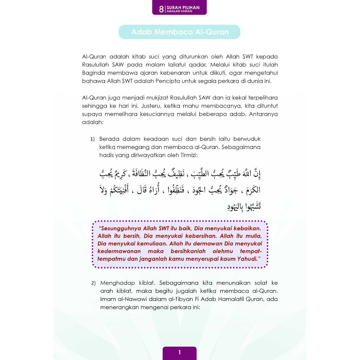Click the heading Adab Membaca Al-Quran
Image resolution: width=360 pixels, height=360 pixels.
click(x=180, y=32)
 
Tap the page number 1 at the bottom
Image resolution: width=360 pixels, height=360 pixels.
click(x=179, y=353)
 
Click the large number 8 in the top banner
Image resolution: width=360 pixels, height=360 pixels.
click(x=161, y=9)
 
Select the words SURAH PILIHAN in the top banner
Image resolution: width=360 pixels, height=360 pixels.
click(x=183, y=7)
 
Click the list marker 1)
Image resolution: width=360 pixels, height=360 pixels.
click(x=92, y=139)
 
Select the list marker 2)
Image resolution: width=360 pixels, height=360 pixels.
click(x=94, y=283)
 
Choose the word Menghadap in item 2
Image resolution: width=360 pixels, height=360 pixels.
click(x=114, y=283)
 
